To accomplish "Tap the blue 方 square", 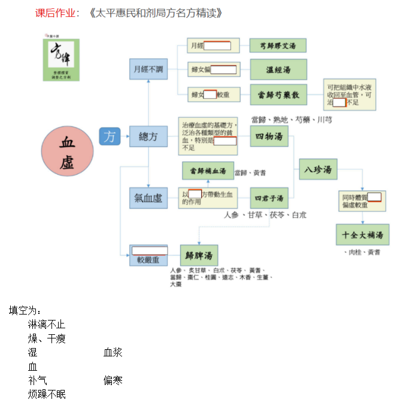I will [110, 136].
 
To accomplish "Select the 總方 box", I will [148, 137].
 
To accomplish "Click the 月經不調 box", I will [148, 69].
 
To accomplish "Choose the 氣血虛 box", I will [148, 198].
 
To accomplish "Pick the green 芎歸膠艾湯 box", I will [278, 45].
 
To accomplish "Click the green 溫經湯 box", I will [278, 69].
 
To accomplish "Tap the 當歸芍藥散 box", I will [278, 94].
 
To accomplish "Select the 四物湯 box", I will [269, 137].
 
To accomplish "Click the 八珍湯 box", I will [318, 170].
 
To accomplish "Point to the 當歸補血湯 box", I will [208, 171].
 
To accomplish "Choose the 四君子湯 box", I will [269, 198].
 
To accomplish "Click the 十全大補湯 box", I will [363, 234].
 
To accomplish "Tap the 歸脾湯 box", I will [199, 255].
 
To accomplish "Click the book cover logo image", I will [61, 59].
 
